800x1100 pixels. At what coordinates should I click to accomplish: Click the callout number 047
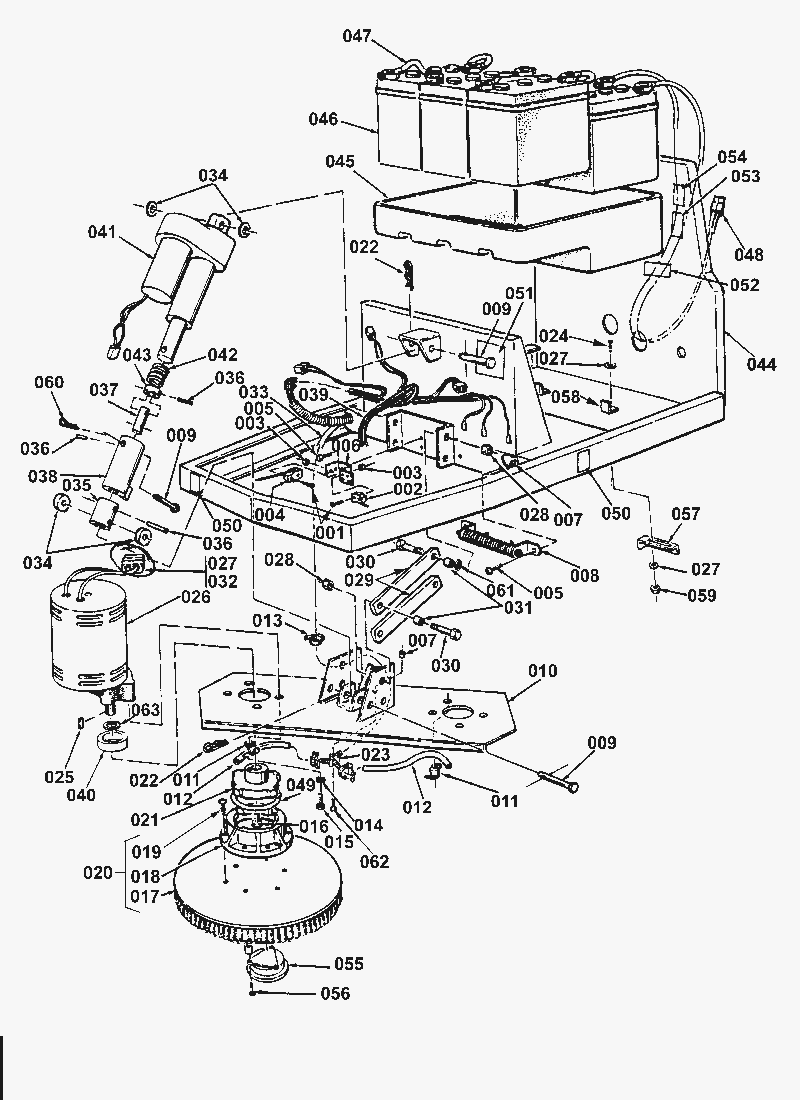357,37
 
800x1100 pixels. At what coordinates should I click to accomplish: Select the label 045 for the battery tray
340,161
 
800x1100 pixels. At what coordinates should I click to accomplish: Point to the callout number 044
762,364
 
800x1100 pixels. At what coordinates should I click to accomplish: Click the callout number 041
102,232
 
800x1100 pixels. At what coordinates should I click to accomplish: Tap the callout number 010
542,671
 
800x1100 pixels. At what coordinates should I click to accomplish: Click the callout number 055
349,963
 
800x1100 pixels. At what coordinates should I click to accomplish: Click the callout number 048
749,255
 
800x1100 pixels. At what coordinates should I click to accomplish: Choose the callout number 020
98,873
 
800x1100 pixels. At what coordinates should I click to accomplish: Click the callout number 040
81,795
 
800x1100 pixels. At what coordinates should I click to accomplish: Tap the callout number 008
584,576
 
